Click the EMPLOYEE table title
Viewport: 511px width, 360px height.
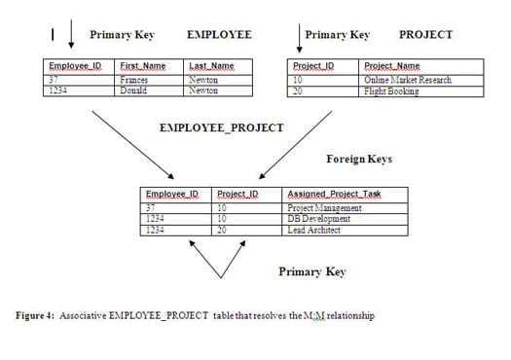click(x=218, y=35)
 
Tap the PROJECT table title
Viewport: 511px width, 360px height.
click(x=425, y=35)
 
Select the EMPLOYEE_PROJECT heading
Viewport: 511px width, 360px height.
click(x=221, y=127)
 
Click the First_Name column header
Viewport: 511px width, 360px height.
click(x=142, y=66)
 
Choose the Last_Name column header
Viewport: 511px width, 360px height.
click(x=210, y=66)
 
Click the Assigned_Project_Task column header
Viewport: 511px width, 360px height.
click(x=335, y=194)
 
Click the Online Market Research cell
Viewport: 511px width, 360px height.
click(x=407, y=80)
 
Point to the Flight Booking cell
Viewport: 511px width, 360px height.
click(x=391, y=91)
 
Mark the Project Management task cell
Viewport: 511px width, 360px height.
click(x=325, y=207)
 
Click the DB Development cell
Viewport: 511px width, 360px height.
click(x=318, y=219)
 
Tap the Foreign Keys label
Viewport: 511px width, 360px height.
click(x=358, y=158)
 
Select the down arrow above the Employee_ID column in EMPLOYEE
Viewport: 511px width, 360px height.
click(x=71, y=37)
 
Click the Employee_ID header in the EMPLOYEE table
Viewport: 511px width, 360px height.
click(x=75, y=66)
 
